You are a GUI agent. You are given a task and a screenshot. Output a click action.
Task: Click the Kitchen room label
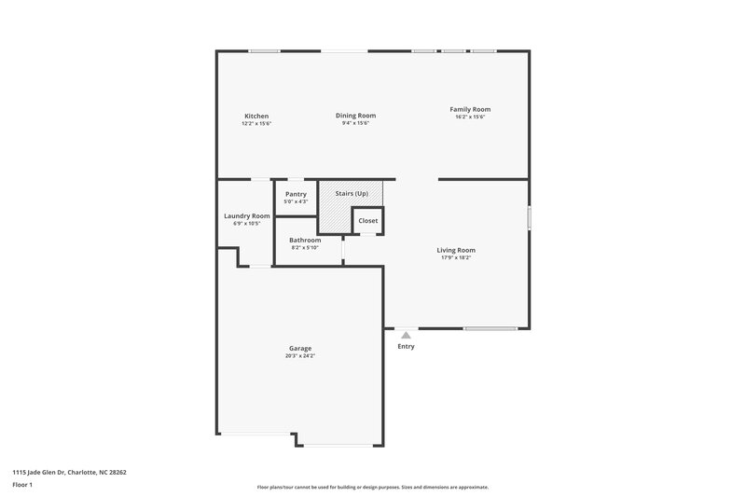[x=256, y=117]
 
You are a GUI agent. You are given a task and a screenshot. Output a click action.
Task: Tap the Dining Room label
[x=356, y=116]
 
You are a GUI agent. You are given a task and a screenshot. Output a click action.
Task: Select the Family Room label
[x=470, y=109]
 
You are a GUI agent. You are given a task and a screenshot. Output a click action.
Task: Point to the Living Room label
[x=457, y=250]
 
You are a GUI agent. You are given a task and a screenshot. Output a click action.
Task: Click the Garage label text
[x=299, y=349]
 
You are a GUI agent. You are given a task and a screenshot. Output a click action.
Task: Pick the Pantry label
[x=296, y=194]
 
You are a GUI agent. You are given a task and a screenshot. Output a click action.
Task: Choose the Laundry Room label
[x=247, y=215]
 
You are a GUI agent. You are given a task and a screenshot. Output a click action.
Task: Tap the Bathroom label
[x=305, y=240]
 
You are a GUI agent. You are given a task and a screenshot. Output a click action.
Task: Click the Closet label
[x=368, y=221]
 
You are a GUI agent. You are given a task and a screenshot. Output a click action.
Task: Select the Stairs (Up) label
[x=352, y=193]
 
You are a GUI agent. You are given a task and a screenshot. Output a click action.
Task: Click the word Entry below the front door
[x=406, y=347]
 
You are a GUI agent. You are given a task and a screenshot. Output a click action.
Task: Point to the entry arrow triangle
[x=406, y=335]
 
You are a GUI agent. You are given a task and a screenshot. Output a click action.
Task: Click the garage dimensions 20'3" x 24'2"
[x=299, y=356]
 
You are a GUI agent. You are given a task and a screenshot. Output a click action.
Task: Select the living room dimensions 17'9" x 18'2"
[x=457, y=257]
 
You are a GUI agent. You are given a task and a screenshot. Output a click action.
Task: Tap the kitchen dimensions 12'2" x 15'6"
[x=256, y=123]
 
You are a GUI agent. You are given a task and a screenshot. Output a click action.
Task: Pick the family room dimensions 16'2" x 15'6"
[x=470, y=117]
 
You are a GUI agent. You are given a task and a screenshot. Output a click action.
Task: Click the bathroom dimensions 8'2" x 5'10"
[x=305, y=247]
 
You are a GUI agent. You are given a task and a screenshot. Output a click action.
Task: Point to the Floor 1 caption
[x=22, y=486]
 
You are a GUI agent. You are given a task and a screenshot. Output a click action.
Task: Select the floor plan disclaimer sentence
[x=373, y=487]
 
